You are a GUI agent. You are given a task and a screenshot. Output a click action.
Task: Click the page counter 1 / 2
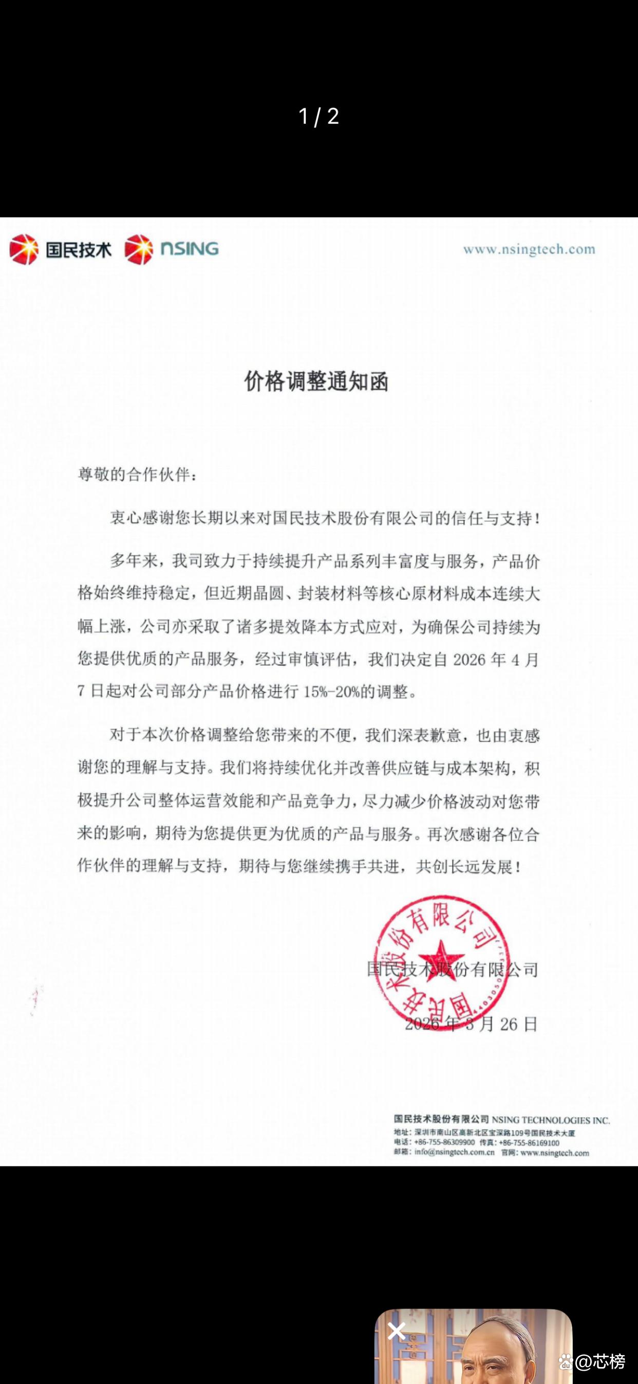tap(318, 117)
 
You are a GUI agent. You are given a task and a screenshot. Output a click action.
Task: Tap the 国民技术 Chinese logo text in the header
tap(79, 250)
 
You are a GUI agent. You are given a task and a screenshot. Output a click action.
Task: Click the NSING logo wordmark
tap(190, 249)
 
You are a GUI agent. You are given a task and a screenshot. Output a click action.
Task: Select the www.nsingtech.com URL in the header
tap(529, 249)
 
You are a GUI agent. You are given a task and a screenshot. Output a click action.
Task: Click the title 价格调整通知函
tap(316, 382)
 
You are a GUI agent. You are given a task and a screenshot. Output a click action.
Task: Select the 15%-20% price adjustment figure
tap(331, 692)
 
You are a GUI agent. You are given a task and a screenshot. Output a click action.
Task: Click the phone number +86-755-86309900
tap(444, 1143)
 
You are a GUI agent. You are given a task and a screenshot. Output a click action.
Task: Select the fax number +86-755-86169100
tap(529, 1143)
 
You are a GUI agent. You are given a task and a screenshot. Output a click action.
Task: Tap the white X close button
tap(397, 1332)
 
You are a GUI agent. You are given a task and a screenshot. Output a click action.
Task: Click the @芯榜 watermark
tap(600, 1361)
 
